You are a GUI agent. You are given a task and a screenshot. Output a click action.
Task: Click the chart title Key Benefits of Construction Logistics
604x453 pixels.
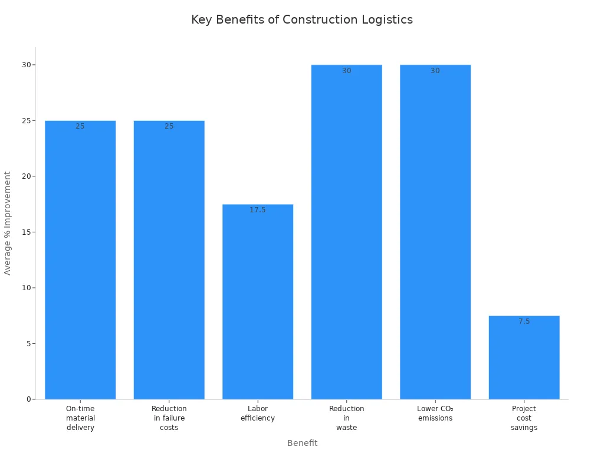[302, 19]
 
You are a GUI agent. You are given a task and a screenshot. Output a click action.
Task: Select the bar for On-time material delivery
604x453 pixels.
[80, 260]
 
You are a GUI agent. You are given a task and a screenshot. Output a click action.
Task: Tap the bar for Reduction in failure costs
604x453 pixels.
[169, 260]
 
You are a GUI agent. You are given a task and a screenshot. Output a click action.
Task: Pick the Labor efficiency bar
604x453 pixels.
[258, 301]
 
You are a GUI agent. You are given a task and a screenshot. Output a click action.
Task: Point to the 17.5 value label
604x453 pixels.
[258, 210]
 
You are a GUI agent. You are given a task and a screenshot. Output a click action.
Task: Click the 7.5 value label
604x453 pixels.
[524, 321]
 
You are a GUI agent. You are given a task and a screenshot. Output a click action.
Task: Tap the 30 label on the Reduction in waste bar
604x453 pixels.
[347, 71]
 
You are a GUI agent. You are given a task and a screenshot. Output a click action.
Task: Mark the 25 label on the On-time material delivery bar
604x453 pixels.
[80, 126]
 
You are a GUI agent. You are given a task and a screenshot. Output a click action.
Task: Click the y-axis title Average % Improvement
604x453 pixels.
[8, 223]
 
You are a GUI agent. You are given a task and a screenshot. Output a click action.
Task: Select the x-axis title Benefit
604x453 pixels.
[302, 443]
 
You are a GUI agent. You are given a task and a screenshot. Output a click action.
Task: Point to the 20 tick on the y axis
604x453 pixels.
[27, 176]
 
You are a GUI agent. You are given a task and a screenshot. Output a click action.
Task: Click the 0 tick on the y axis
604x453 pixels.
[28, 399]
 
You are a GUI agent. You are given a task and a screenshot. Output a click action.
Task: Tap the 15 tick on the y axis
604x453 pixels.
[27, 232]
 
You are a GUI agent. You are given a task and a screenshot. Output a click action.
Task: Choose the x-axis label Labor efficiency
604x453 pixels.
[258, 413]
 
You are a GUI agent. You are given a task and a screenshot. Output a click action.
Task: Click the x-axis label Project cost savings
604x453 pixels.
[524, 418]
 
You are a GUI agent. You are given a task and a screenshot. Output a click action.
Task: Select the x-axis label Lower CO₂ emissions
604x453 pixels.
[435, 413]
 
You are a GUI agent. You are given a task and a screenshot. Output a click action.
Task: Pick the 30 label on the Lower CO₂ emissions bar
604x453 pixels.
[435, 71]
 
